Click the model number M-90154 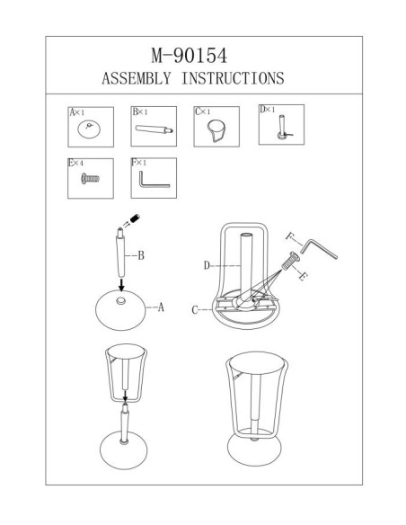point(190,56)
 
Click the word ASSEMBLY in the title point(137,78)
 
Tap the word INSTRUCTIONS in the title point(233,78)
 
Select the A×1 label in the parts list point(77,112)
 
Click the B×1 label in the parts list point(140,111)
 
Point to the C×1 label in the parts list point(203,111)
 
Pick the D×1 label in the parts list point(268,109)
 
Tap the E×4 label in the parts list point(76,163)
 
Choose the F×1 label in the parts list point(139,163)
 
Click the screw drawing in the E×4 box point(90,179)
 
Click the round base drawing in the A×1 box point(89,129)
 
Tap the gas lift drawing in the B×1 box point(154,129)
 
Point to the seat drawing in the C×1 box point(216,130)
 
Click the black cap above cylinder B point(135,218)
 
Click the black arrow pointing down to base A point(121,285)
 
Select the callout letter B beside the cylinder point(141,256)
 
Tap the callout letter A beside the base point(161,307)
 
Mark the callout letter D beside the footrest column point(207,266)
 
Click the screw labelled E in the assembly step point(290,262)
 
